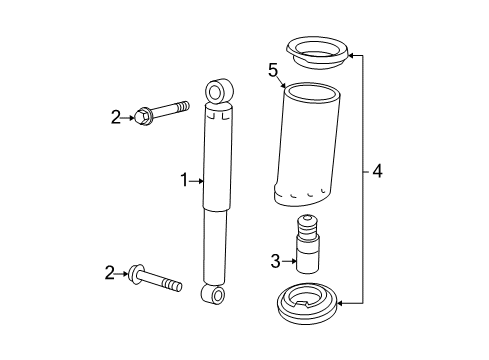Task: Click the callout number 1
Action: [x=184, y=181]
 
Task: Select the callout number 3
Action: [x=276, y=262]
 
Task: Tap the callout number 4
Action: [x=376, y=171]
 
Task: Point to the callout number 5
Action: [x=272, y=70]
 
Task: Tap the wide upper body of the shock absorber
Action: [x=218, y=160]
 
